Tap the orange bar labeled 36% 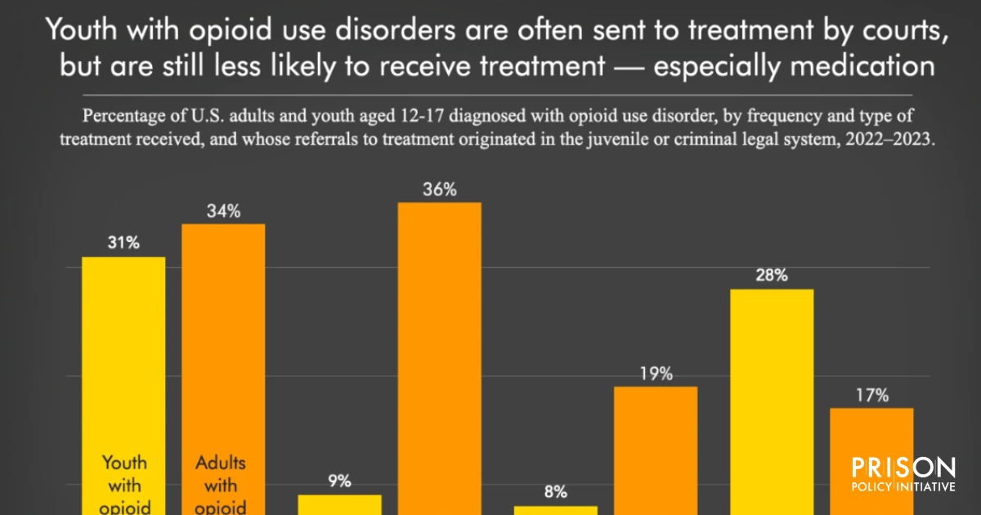(439, 352)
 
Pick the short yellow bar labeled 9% (339, 504)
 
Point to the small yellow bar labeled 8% (556, 510)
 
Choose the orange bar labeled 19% (656, 450)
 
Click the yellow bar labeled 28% (772, 401)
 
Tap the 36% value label (439, 190)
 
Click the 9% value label (340, 481)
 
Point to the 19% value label (656, 374)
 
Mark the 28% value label (772, 275)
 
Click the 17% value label (872, 395)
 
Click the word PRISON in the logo (903, 468)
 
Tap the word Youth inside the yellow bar (123, 463)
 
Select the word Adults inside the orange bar (221, 463)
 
